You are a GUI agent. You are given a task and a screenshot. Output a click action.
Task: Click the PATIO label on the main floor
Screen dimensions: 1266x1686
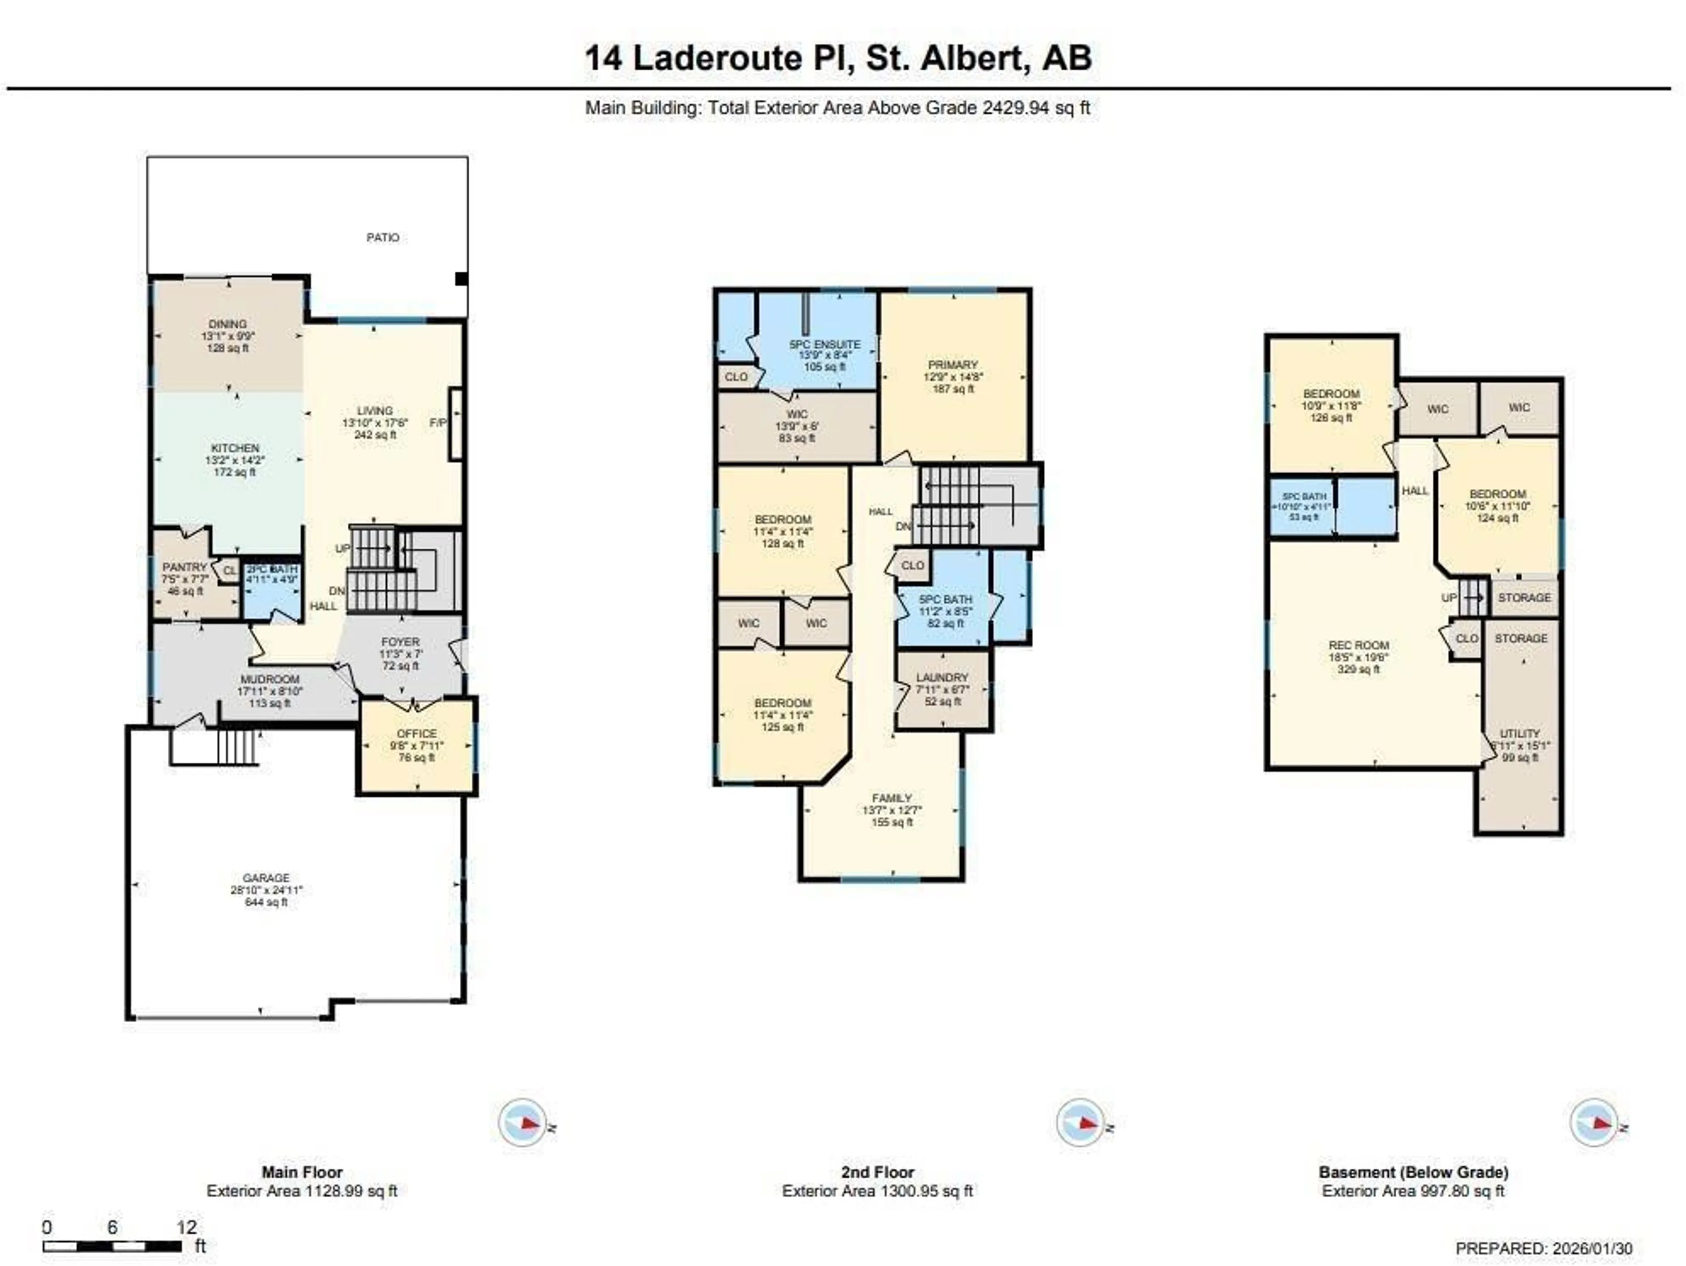382,238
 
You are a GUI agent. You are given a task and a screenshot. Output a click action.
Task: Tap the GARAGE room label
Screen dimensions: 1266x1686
266,878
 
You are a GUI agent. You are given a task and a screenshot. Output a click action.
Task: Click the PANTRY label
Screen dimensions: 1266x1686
184,567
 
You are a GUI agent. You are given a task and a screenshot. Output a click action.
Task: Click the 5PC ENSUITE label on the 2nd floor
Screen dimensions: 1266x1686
825,345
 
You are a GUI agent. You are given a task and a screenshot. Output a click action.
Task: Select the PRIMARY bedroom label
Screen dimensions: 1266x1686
953,365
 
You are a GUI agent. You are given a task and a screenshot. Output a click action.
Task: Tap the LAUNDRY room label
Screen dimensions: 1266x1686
942,677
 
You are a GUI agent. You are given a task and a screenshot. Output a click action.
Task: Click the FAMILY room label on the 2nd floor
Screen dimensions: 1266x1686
892,798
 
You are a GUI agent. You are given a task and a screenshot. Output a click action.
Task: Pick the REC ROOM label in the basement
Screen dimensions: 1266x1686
1358,645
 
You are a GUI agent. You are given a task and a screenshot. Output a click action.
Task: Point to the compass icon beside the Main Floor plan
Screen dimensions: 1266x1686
523,1123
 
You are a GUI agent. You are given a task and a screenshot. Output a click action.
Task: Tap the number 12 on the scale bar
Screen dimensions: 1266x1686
187,1227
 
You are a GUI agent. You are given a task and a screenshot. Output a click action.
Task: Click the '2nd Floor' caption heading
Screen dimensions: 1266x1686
877,1172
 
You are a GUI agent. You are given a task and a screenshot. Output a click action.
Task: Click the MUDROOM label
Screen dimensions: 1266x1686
270,679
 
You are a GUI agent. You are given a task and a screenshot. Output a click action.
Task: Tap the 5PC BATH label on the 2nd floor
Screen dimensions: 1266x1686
945,599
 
